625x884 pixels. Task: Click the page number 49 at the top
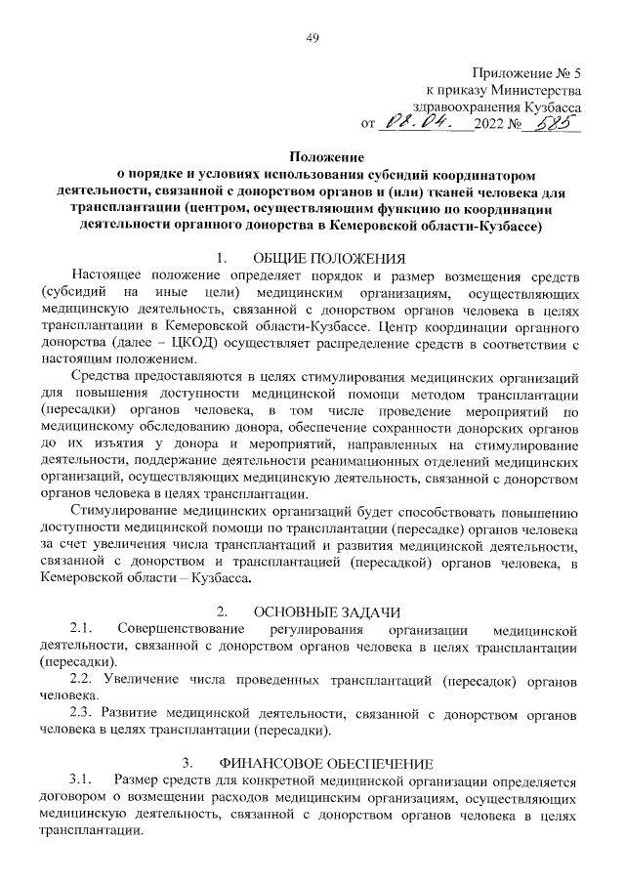[312, 37]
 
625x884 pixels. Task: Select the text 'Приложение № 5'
[526, 73]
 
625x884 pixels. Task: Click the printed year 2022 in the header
[487, 124]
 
